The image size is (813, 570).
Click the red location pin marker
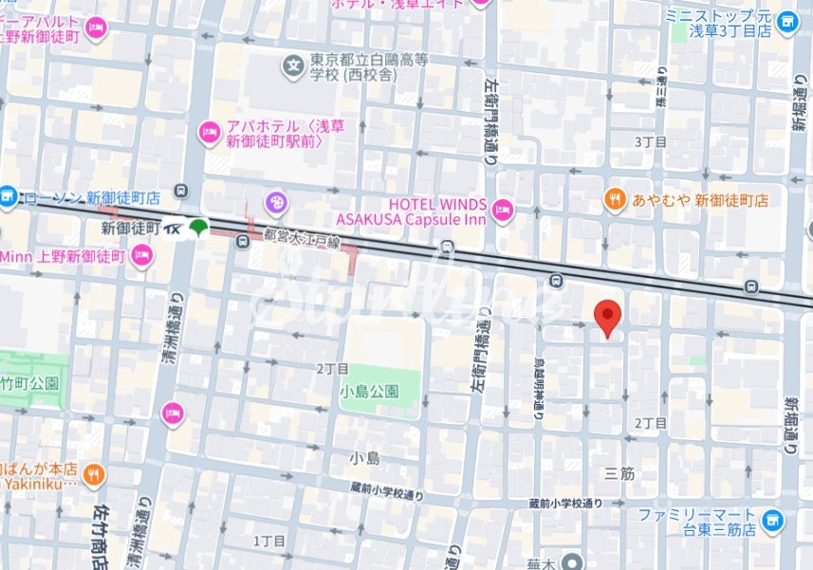607,317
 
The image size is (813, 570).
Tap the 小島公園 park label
371,392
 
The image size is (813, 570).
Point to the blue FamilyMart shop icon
774,519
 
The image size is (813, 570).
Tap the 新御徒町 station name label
131,228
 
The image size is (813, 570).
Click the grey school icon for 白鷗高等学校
294,66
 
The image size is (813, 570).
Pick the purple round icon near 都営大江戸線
276,201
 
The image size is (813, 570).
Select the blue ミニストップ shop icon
786,22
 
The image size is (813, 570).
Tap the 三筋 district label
619,471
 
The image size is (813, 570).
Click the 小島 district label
364,458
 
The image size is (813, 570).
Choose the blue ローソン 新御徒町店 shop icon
9,197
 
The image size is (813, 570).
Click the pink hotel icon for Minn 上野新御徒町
141,255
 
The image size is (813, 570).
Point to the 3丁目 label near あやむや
650,141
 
